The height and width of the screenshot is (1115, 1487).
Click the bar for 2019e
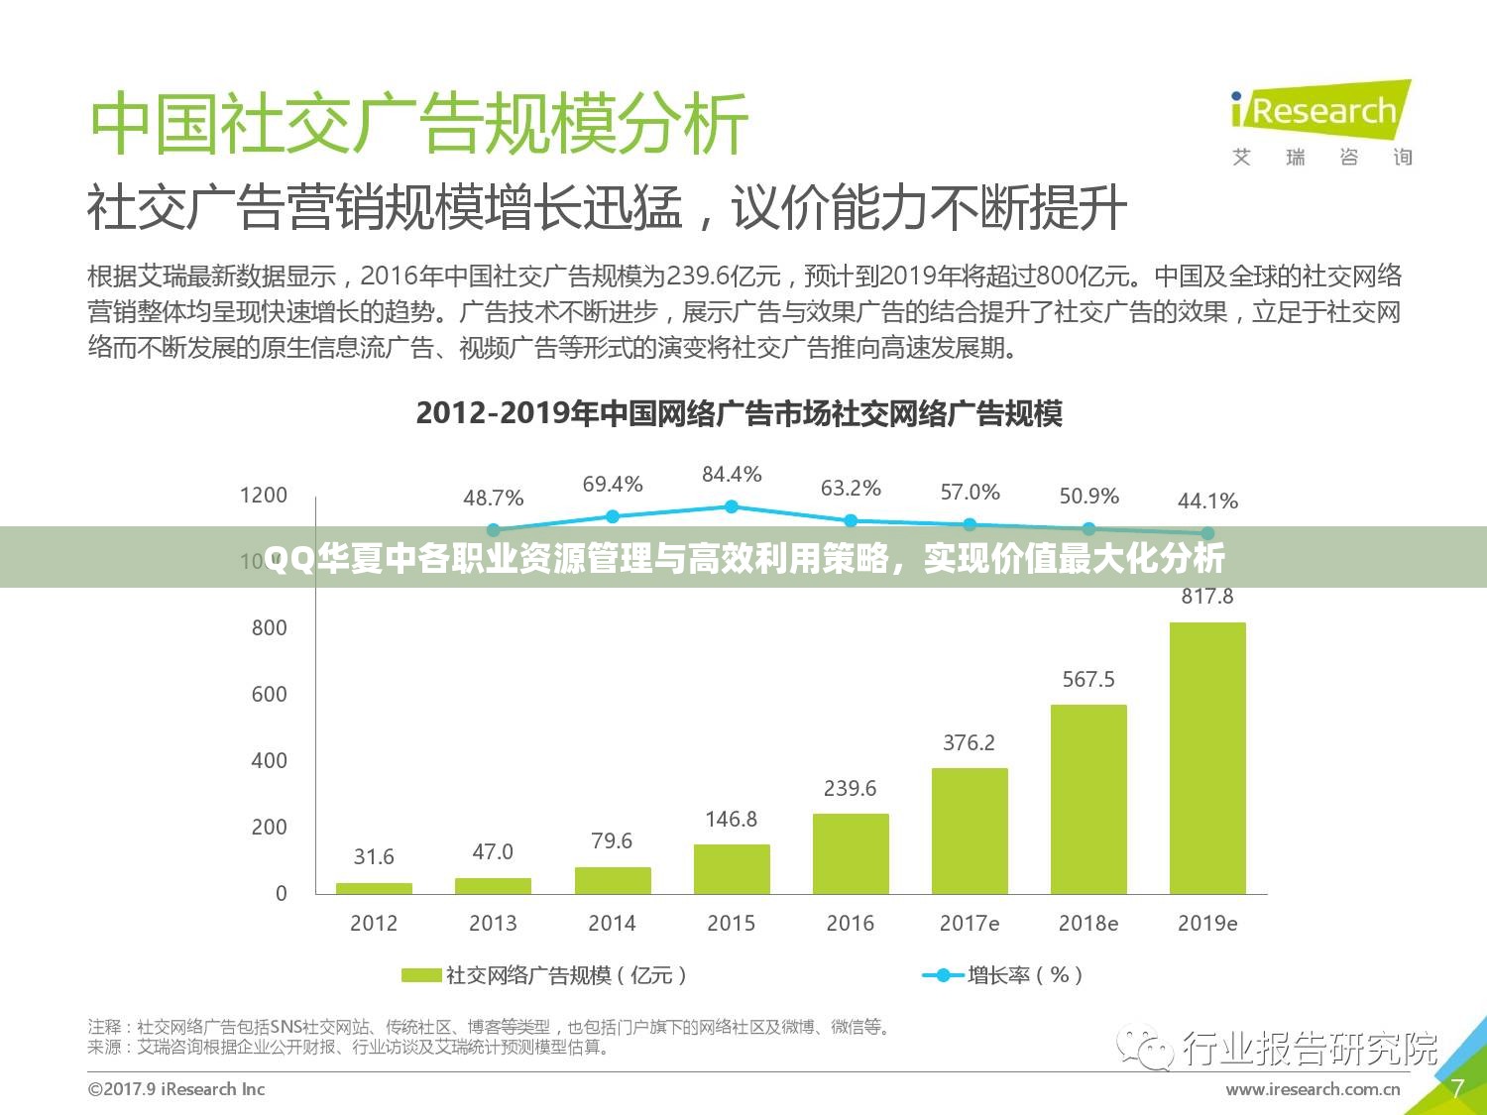click(1207, 758)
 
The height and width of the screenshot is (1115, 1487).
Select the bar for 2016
click(851, 853)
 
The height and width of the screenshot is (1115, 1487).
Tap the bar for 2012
click(374, 888)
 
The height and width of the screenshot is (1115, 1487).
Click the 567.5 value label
click(1088, 679)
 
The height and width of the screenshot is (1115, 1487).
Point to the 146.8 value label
click(731, 819)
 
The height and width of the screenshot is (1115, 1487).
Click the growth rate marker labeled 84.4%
click(732, 506)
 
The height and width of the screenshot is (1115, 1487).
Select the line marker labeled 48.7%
click(494, 530)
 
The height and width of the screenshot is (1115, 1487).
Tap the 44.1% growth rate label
click(1207, 502)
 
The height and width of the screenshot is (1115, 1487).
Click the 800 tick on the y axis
click(269, 627)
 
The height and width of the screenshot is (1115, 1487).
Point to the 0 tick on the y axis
click(281, 893)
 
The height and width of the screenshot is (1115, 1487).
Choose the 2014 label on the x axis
click(612, 923)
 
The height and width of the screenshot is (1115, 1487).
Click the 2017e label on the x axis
click(970, 923)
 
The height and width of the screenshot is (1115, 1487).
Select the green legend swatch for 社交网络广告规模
click(420, 975)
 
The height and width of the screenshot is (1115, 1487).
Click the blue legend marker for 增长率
click(943, 975)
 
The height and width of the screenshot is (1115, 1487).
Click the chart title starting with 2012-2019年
click(739, 413)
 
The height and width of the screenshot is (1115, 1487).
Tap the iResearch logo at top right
click(1318, 111)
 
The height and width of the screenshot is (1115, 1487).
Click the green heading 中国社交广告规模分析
click(418, 124)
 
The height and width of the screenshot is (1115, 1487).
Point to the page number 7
click(1457, 1088)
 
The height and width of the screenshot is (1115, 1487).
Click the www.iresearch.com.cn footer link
click(1313, 1089)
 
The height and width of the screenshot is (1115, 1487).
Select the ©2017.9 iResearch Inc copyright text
click(176, 1089)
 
